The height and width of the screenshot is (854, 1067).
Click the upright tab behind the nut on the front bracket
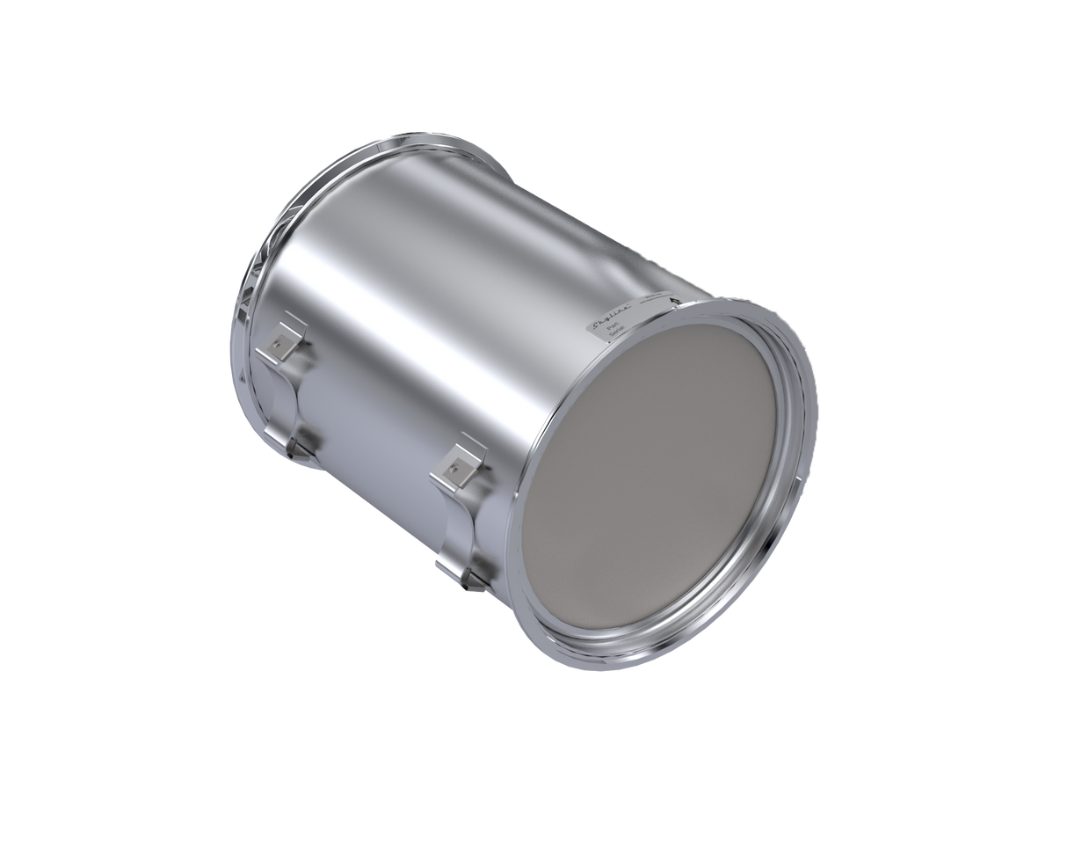coord(466,454)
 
